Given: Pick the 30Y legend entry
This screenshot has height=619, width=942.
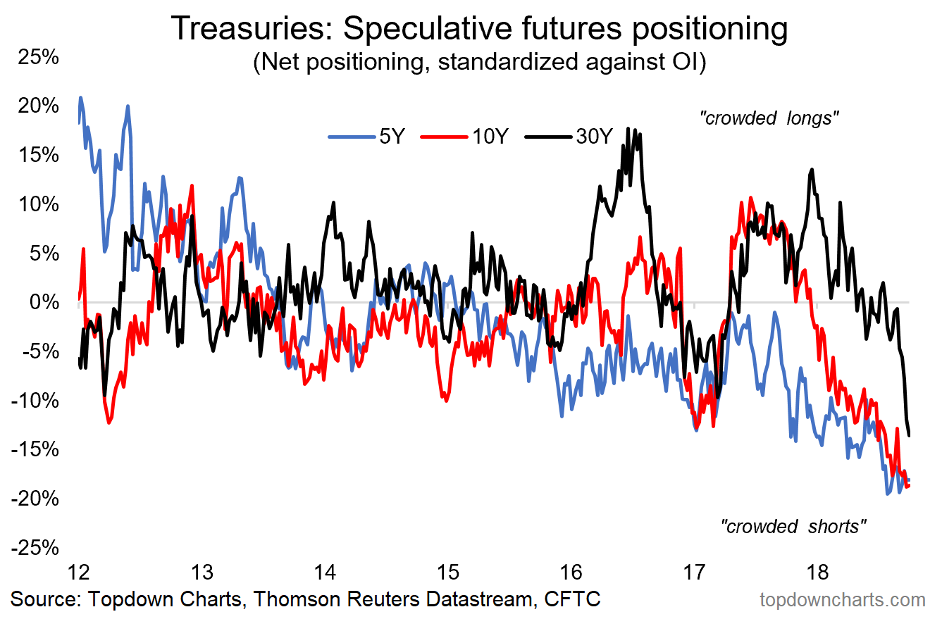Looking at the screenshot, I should pyautogui.click(x=571, y=137).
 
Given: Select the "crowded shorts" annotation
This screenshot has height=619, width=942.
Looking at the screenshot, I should pyautogui.click(x=793, y=525).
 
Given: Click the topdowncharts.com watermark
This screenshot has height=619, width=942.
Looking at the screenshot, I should pyautogui.click(x=842, y=600).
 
